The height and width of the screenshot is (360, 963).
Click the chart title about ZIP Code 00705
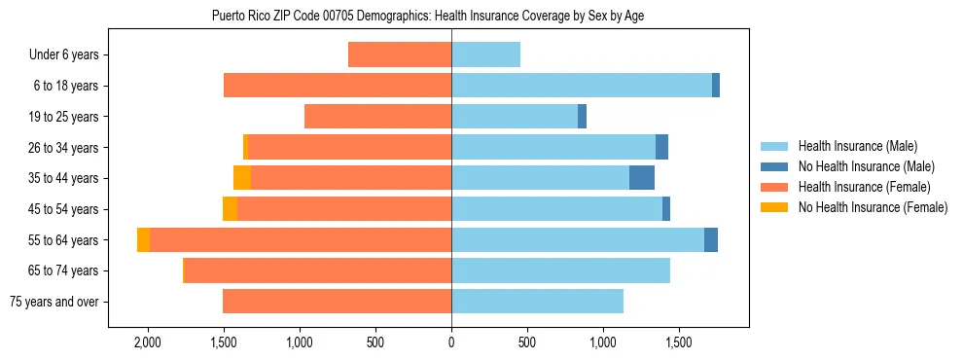427,16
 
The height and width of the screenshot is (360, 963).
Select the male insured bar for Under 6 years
485,55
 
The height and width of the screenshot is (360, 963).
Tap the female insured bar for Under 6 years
400,55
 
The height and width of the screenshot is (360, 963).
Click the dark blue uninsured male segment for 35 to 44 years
642,178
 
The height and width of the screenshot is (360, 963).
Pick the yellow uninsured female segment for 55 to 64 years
143,240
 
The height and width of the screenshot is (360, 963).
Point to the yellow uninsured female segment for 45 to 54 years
230,209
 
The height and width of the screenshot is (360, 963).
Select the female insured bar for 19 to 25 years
377,117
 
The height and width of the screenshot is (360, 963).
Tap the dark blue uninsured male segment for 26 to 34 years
661,148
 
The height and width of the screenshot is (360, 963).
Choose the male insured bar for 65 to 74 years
560,270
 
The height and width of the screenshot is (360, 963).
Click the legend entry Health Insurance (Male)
857,146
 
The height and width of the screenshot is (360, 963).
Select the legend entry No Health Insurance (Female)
873,207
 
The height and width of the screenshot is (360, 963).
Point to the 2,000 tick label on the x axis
148,342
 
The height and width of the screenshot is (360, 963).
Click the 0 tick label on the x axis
451,342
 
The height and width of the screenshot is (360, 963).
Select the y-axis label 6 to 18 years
64,87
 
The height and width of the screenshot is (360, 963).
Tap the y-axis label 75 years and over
53,302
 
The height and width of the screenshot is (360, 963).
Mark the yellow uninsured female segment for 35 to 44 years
242,178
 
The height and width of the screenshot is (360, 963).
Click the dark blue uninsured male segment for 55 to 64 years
711,240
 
